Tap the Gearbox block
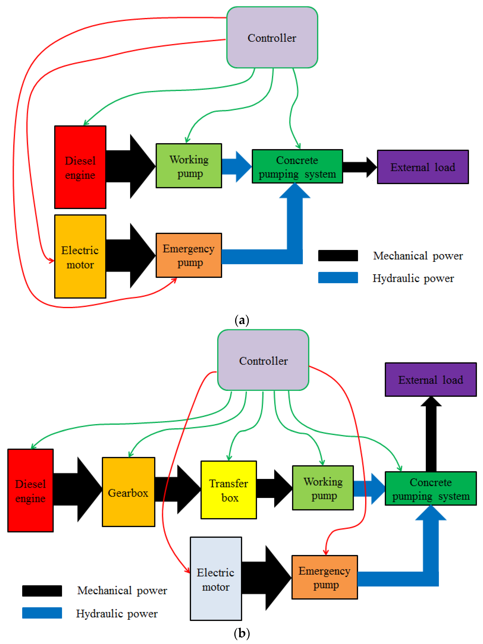tap(128, 492)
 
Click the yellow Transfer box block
tap(229, 490)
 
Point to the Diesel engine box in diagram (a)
tap(80, 167)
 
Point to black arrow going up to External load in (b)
tap(431, 434)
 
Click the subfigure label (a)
tap(241, 320)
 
